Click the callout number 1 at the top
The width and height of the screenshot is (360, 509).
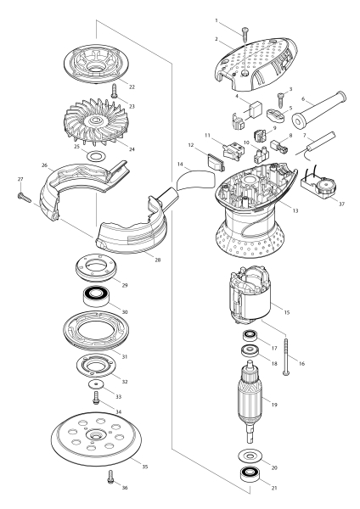point(217,20)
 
